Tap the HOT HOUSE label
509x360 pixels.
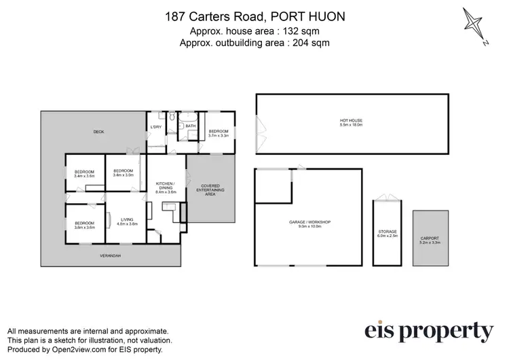pyautogui.click(x=352, y=123)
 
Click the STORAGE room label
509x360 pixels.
pyautogui.click(x=387, y=234)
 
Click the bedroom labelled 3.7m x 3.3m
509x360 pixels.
pyautogui.click(x=218, y=133)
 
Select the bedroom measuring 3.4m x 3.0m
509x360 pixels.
pyautogui.click(x=124, y=173)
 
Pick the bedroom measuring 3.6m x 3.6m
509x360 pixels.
pyautogui.click(x=85, y=225)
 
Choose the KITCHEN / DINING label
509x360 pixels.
pyautogui.click(x=166, y=187)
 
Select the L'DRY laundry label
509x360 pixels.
pyautogui.click(x=155, y=127)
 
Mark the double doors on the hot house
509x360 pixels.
pyautogui.click(x=259, y=124)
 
